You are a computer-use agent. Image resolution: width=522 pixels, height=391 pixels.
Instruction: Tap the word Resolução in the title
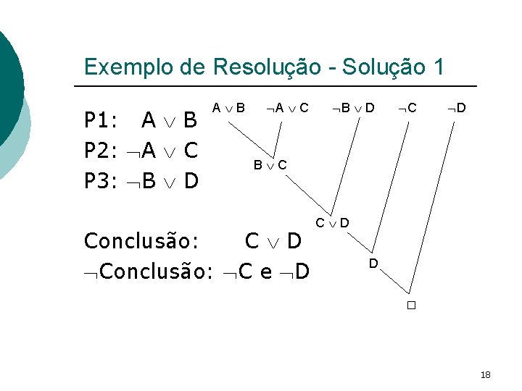(265, 67)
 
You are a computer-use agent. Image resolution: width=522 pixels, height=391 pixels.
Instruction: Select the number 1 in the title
(436, 67)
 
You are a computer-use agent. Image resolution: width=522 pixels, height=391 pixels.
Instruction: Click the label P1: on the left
(101, 119)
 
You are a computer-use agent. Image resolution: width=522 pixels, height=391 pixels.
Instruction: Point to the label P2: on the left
(101, 150)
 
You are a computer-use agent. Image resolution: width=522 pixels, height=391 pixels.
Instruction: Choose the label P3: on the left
(101, 180)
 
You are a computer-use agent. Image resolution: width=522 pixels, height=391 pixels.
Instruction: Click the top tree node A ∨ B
(228, 109)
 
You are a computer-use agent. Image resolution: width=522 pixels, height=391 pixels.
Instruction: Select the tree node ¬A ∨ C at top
(287, 109)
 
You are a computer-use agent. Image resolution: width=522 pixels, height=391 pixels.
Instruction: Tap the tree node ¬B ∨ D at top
(353, 109)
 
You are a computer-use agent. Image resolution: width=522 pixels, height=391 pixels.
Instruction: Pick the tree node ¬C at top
(407, 109)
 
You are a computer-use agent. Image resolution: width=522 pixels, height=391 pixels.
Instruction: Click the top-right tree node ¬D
(456, 109)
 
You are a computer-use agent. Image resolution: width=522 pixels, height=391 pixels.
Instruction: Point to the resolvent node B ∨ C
(270, 165)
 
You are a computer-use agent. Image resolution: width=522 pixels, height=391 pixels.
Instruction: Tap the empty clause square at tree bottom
(410, 306)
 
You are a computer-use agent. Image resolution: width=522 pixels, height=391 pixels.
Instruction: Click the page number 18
(485, 374)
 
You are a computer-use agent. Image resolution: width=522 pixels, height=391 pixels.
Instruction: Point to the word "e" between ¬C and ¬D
(265, 273)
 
